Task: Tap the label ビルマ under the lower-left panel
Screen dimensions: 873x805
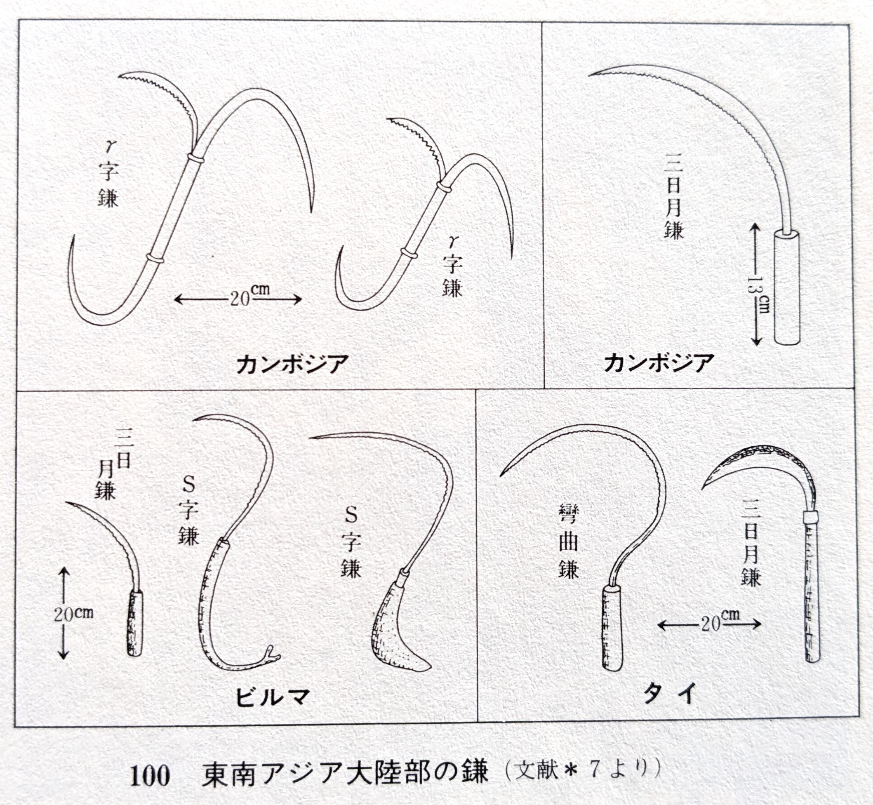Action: point(273,697)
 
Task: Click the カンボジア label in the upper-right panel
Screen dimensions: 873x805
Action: point(659,363)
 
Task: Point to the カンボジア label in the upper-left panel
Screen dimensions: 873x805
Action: point(292,364)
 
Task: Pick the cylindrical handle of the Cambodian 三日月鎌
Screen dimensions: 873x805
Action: point(787,287)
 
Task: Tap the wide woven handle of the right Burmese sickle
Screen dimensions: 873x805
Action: point(392,627)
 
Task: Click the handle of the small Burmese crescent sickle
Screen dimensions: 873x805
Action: point(134,622)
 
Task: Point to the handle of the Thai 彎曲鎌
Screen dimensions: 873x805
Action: point(612,627)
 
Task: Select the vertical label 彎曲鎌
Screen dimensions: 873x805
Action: point(569,542)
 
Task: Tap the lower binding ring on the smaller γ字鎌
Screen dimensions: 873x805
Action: point(409,253)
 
